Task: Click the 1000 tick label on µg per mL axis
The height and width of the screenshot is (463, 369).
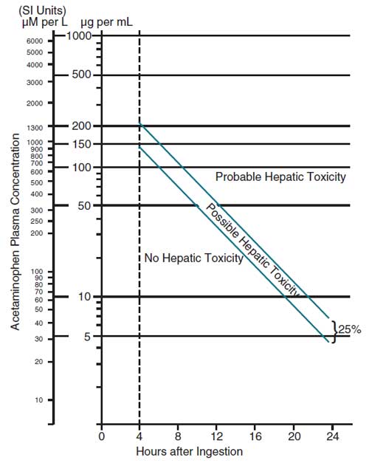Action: [x=79, y=35]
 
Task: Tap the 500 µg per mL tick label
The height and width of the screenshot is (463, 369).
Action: [x=82, y=75]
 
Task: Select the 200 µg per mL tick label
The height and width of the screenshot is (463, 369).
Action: [x=82, y=126]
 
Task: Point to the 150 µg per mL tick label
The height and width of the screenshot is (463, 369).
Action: [x=82, y=143]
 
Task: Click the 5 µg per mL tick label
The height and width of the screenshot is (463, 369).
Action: [x=86, y=336]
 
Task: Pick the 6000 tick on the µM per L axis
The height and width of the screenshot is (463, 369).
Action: [x=35, y=41]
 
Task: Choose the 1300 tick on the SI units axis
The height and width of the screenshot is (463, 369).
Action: [x=35, y=127]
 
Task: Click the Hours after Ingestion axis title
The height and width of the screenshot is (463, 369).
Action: [x=189, y=450]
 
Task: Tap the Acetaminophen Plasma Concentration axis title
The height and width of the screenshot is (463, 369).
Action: [x=15, y=234]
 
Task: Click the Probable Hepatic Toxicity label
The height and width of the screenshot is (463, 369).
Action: [x=280, y=177]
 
